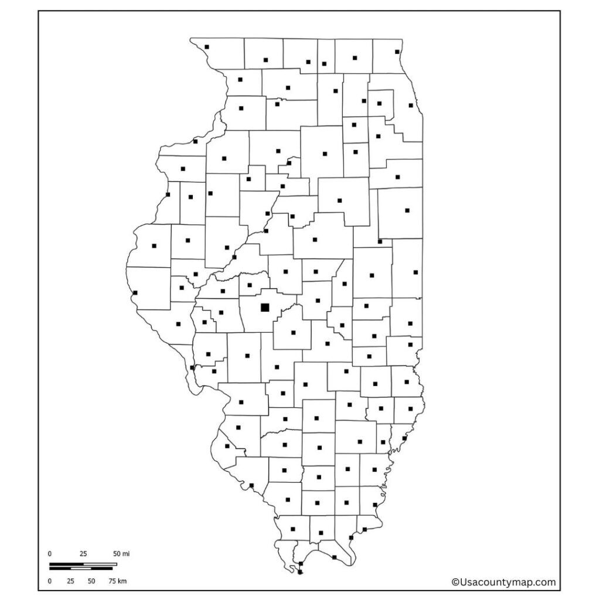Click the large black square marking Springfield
coord(265,307)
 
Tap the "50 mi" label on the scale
coord(121,553)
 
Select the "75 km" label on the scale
coord(118,581)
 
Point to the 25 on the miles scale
coord(83,553)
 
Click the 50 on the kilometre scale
coord(91,581)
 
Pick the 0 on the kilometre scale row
coord(50,581)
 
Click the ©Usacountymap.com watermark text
coord(503,582)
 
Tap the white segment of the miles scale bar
coord(100,564)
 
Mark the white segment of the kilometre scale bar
coord(81,568)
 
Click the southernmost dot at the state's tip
coord(300,572)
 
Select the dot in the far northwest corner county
coord(207,47)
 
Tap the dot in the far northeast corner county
coord(397,52)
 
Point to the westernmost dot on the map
coord(135,292)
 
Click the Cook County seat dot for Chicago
coord(411,105)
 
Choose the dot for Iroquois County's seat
coord(407,210)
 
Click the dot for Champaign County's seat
coord(371,275)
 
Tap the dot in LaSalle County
coord(325,154)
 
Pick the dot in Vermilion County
coord(415,272)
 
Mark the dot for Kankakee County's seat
coord(397,176)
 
